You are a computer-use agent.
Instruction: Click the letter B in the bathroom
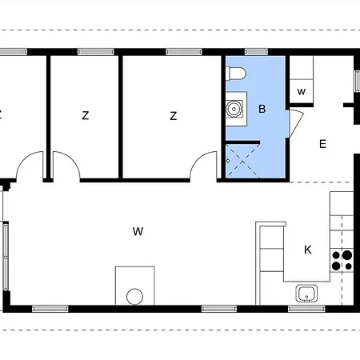point(261,109)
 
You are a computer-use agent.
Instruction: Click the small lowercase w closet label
point(301,91)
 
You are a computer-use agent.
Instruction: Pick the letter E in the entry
point(323,145)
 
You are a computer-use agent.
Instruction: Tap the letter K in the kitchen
point(307,250)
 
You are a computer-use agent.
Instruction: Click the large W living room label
point(138,232)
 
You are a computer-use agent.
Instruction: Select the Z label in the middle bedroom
point(85,116)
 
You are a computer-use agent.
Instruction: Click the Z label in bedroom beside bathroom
point(173,116)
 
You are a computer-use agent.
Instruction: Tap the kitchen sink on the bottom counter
point(306,294)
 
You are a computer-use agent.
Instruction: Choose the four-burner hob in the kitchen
point(342,259)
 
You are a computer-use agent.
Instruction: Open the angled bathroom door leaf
point(294,125)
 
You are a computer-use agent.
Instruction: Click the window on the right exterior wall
point(357,82)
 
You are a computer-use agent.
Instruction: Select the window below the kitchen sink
point(307,308)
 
